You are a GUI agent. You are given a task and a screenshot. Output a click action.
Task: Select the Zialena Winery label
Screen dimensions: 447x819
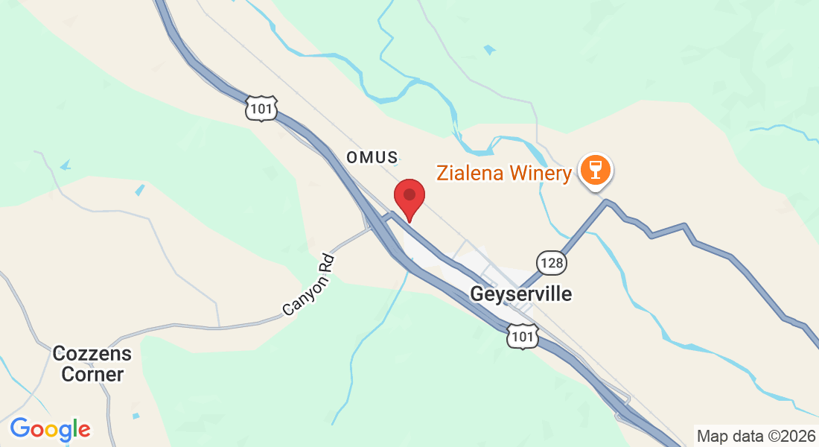click(503, 174)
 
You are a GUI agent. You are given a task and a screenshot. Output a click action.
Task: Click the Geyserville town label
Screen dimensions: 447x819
click(521, 294)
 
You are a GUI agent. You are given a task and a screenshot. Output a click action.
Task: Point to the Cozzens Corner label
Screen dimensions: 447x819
click(92, 364)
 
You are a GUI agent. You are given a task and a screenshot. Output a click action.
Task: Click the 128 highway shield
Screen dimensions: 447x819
click(552, 262)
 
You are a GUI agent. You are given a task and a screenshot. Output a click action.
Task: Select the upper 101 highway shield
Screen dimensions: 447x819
click(262, 109)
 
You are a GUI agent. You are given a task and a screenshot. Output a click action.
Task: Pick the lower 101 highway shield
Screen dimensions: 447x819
click(522, 337)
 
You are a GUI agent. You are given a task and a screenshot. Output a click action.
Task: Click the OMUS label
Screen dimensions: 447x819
click(372, 157)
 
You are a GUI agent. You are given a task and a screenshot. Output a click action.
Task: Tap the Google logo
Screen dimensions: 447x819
click(50, 429)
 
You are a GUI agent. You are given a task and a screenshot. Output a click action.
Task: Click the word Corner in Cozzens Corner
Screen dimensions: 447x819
click(92, 374)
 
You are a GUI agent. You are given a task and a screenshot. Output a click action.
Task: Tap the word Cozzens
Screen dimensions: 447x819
click(92, 353)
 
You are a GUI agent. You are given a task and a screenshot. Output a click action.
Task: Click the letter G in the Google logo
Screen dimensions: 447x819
click(20, 428)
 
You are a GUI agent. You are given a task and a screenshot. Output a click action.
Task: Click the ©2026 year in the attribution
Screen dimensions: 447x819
click(787, 435)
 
